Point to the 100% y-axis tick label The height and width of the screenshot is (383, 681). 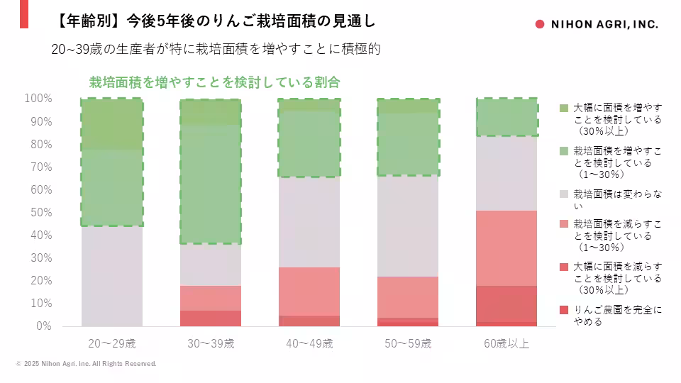point(39,99)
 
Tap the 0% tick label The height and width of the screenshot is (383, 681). point(45,326)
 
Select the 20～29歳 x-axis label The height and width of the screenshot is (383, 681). point(111,344)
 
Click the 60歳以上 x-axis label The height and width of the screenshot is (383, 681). point(506,344)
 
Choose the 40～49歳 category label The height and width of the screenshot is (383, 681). point(309,344)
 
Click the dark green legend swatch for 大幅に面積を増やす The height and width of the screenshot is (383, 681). point(564,108)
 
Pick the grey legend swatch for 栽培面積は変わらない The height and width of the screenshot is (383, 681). point(564,193)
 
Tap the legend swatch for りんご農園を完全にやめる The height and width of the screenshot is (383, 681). point(564,310)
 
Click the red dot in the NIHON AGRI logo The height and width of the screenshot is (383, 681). point(539,24)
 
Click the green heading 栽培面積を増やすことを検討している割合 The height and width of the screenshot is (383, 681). point(214,82)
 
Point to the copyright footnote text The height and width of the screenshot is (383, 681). point(86,364)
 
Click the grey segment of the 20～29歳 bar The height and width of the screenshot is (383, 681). point(111,276)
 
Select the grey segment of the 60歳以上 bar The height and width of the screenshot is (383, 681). point(506,173)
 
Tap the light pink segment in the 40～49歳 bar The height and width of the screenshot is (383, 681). point(309,291)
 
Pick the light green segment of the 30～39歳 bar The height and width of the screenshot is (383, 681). point(210,184)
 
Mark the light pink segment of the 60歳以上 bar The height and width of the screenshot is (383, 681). point(506,248)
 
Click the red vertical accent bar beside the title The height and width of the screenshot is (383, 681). point(24,14)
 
